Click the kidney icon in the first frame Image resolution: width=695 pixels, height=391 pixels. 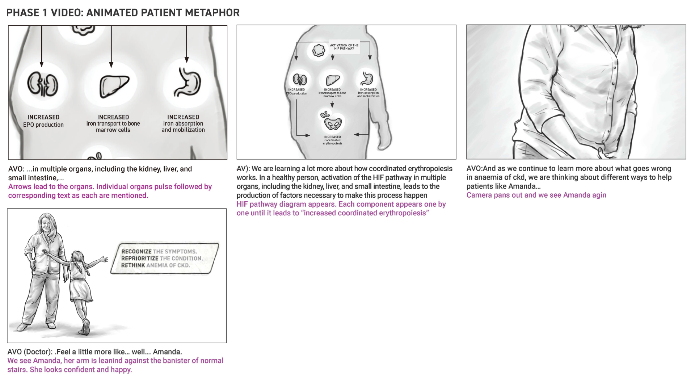click(43, 84)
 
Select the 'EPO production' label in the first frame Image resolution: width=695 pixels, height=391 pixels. click(43, 125)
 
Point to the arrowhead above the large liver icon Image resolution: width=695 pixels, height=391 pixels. click(111, 65)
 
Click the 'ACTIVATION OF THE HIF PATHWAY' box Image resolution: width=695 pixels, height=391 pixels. click(344, 47)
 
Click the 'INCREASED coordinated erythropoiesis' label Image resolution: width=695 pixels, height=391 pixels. click(332, 140)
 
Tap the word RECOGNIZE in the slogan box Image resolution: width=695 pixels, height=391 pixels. click(136, 252)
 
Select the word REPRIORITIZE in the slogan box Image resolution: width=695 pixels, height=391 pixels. click(139, 258)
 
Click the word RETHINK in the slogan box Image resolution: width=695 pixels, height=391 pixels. click(133, 265)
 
